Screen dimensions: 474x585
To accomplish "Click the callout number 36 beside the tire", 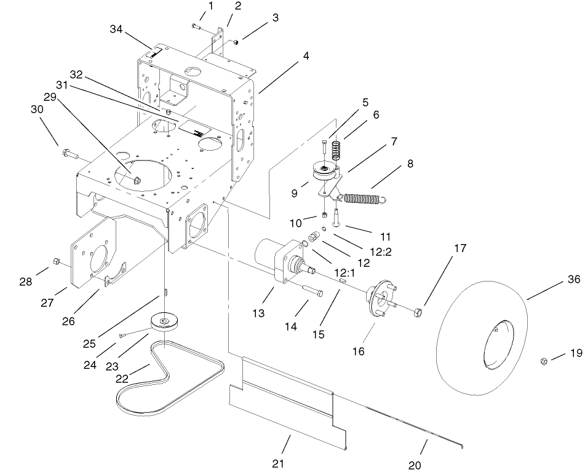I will pyautogui.click(x=573, y=279).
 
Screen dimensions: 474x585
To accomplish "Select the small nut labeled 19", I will pyautogui.click(x=544, y=360).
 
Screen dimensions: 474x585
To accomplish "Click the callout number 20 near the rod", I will pyautogui.click(x=415, y=465).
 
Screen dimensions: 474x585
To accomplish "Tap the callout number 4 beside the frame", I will pyautogui.click(x=306, y=55).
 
